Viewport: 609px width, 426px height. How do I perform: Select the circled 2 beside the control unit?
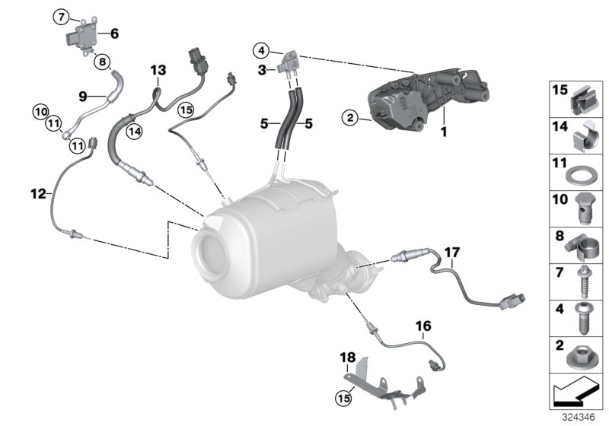(349, 118)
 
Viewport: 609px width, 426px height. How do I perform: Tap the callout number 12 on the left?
(37, 193)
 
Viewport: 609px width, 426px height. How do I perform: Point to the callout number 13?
(158, 71)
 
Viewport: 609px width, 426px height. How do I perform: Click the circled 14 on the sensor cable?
(136, 131)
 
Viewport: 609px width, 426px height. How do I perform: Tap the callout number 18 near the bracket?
(348, 357)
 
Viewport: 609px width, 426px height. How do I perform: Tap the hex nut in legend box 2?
(578, 356)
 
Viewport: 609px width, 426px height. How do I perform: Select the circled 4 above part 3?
(260, 51)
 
